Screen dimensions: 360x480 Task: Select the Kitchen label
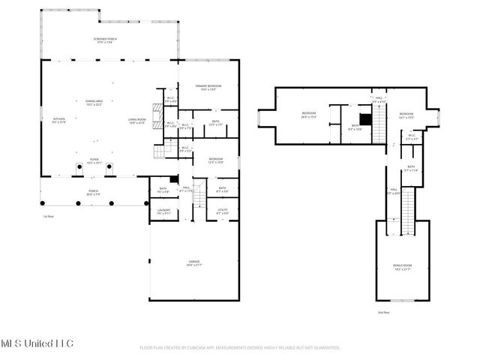point(58,120)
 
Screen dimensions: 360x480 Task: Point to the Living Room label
point(136,120)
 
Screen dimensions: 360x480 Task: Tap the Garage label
point(193,263)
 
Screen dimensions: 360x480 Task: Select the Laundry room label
point(164,211)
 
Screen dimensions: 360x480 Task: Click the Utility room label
point(223,211)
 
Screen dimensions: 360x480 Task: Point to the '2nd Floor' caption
point(383,312)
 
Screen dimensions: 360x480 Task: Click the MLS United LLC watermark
point(37,343)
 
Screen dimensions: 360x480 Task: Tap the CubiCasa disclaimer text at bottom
point(240,348)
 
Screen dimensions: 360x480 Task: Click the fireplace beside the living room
point(156,112)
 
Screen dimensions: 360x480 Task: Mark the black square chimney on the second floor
point(365,118)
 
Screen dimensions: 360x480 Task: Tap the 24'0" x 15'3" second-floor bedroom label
point(309,115)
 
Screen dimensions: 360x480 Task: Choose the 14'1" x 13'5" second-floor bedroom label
point(406,115)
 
